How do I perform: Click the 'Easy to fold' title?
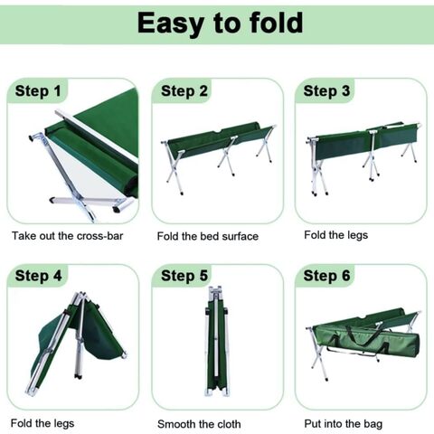coord(220,24)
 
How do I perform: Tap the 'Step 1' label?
coord(38,91)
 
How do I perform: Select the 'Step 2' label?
coord(184,91)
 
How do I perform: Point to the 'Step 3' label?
coord(326,91)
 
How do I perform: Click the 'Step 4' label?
coord(38,276)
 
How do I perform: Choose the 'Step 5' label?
coord(184,276)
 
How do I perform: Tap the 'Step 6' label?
coord(326,276)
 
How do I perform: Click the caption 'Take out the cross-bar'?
coord(68,236)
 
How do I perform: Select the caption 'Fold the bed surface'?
coord(208,236)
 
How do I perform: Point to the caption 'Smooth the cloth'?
coord(199,424)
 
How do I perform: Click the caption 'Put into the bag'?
coord(344,424)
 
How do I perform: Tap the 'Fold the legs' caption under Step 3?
coord(336,235)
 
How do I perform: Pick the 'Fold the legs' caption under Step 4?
coord(42,423)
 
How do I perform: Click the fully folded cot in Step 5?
coord(216,341)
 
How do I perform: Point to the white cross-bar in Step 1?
coord(97,137)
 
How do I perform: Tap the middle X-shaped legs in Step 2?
coord(228,156)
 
